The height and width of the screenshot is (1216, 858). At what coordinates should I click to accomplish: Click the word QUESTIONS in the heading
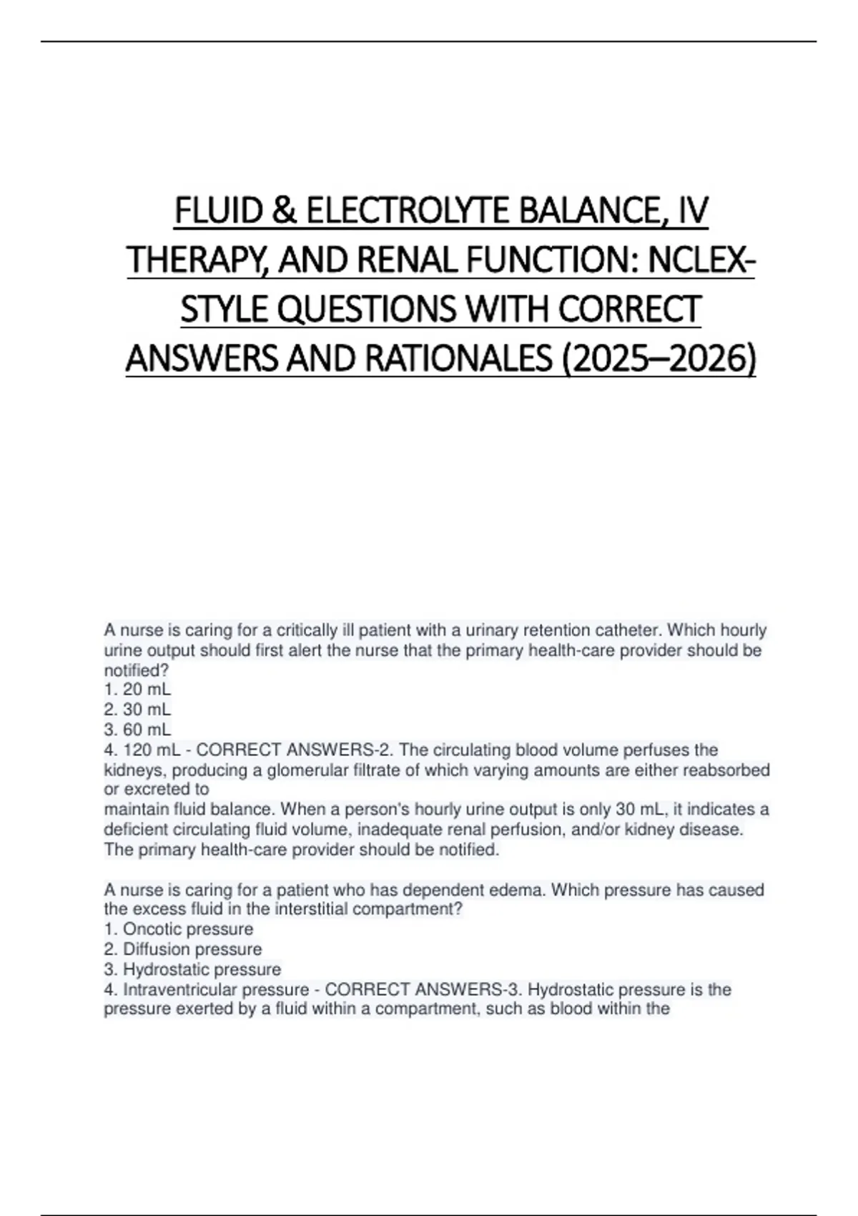click(367, 310)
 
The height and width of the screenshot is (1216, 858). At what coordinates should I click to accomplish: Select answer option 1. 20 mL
click(137, 690)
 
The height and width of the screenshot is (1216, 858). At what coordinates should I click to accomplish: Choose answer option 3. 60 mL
click(137, 730)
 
